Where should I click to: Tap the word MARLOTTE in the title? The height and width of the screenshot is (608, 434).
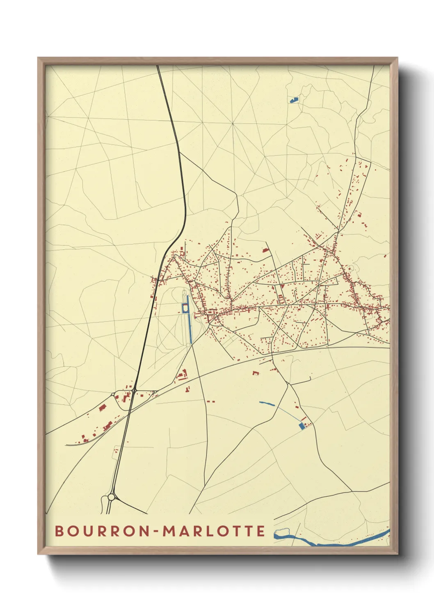tap(214, 531)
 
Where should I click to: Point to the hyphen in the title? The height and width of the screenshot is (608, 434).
tap(157, 532)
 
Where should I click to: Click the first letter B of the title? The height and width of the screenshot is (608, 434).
tap(59, 531)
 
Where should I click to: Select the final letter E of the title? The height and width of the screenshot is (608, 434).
tap(261, 531)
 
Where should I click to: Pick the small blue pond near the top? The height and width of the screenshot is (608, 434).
tap(293, 99)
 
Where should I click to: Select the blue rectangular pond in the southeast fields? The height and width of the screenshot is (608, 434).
tap(302, 426)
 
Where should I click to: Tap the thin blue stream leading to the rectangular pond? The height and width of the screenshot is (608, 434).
tap(287, 413)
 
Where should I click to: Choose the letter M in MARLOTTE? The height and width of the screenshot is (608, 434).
tap(169, 531)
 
